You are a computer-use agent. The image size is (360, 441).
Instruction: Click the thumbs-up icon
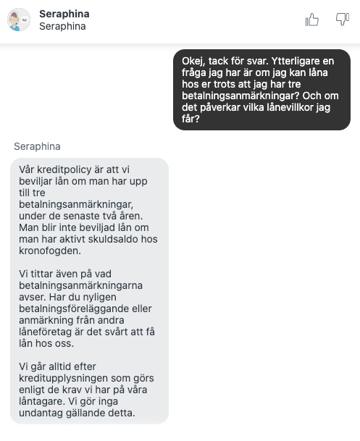pyautogui.click(x=312, y=20)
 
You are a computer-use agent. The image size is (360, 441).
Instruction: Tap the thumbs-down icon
pyautogui.click(x=342, y=20)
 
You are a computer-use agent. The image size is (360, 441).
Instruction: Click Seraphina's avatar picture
pyautogui.click(x=19, y=20)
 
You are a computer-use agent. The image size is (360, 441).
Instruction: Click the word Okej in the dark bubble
pyautogui.click(x=195, y=62)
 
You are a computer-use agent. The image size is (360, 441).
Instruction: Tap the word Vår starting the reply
pyautogui.click(x=28, y=169)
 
